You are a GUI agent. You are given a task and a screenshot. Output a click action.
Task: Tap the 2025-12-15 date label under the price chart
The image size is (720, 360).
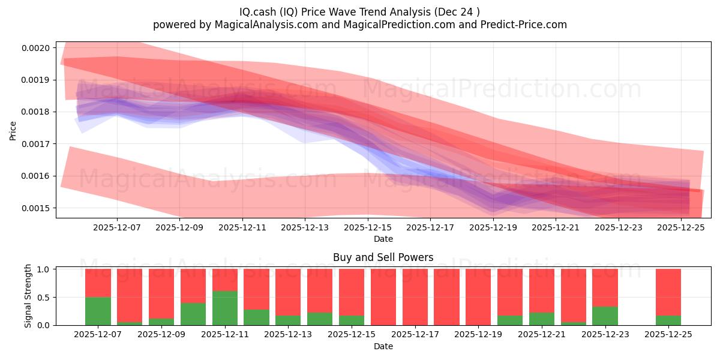368,227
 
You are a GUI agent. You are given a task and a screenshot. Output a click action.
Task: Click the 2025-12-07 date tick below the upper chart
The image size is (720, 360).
117,227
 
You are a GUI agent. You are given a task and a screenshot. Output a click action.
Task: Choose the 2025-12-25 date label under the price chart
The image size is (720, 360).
681,227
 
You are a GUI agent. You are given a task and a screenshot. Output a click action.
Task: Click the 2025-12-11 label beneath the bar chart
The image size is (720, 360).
225,334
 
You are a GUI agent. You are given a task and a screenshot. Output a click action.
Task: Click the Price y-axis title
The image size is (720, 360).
13,131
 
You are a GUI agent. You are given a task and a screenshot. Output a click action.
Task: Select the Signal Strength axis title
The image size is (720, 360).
28,296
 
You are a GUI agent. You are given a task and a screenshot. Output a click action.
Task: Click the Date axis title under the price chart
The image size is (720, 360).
383,239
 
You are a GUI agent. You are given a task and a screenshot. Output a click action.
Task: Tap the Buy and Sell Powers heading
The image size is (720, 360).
383,257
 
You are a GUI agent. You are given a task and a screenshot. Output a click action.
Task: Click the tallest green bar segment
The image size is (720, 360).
225,308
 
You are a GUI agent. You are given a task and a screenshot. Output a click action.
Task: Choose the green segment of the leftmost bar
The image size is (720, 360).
98,311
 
